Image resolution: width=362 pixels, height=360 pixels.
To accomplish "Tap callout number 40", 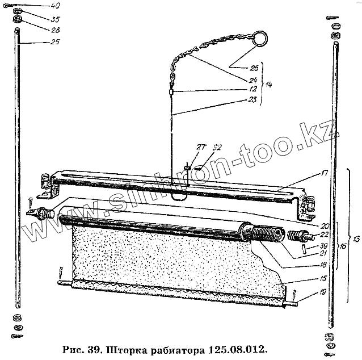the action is pyautogui.click(x=54, y=6).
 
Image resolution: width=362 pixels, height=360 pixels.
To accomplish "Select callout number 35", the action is pyautogui.click(x=54, y=18).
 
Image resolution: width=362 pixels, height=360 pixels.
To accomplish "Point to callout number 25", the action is pyautogui.click(x=54, y=42).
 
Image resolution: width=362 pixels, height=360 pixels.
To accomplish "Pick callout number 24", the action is pyautogui.click(x=253, y=79).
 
